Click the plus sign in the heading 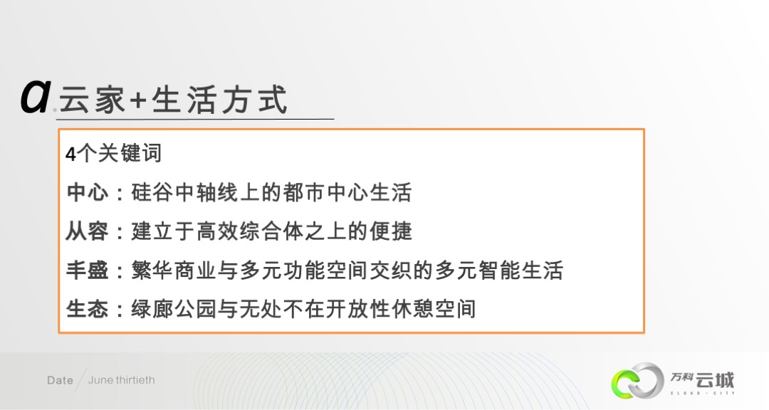tap(137, 100)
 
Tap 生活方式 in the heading tap(219, 100)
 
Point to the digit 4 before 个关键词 tap(70, 154)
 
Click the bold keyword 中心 tap(87, 193)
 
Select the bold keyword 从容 tap(87, 231)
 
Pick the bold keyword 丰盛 tap(87, 270)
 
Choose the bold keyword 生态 tap(87, 310)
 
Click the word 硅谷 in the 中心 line tap(152, 193)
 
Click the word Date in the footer tap(60, 380)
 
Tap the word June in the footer tap(101, 380)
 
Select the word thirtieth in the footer tap(135, 380)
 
